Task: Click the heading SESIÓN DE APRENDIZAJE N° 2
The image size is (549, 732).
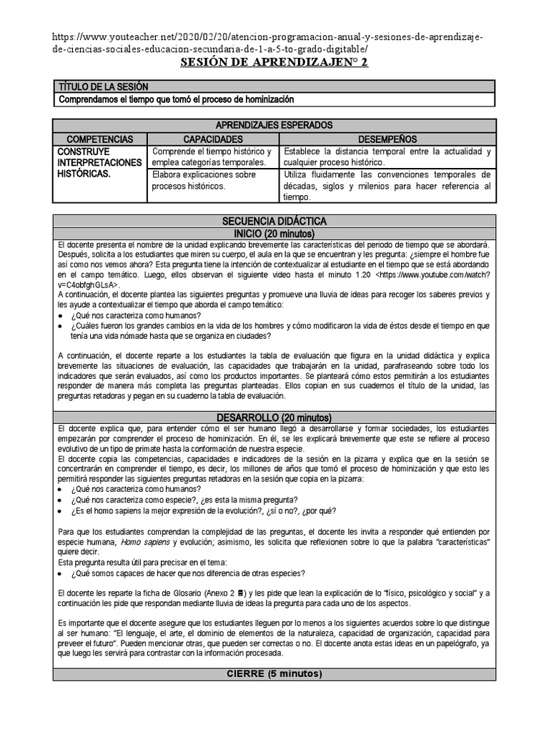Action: (274, 63)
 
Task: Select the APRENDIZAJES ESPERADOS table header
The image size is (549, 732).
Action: (274, 124)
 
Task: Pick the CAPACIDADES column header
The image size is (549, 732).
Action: (213, 139)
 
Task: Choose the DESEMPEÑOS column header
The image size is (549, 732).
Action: (387, 139)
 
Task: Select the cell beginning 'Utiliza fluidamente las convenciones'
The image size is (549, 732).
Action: (387, 185)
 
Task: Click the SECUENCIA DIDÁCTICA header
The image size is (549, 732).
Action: (274, 222)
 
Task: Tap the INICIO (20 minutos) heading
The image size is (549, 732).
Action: (274, 234)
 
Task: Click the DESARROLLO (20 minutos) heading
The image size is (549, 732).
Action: (274, 417)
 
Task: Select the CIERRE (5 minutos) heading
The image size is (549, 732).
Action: (274, 674)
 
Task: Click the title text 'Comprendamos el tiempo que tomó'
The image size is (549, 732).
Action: (176, 99)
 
